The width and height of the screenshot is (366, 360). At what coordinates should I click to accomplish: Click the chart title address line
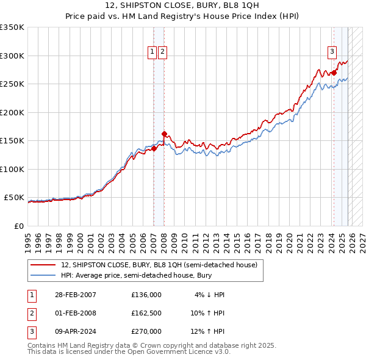[x=182, y=6]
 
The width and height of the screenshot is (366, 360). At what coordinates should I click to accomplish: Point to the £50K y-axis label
[x=14, y=198]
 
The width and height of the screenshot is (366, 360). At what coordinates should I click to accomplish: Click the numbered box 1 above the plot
[x=152, y=52]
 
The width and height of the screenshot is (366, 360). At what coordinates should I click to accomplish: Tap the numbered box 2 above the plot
[x=163, y=52]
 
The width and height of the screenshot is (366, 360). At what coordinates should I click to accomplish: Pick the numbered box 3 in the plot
[x=332, y=52]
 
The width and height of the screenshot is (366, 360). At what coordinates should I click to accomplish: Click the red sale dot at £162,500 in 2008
[x=164, y=134]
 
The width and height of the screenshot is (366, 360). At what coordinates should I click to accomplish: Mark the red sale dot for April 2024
[x=334, y=73]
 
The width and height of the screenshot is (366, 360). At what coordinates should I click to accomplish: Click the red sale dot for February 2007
[x=154, y=148]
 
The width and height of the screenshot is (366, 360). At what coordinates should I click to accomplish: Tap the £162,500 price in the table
[x=146, y=313]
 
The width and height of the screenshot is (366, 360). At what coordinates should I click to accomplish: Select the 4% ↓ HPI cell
[x=209, y=295]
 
